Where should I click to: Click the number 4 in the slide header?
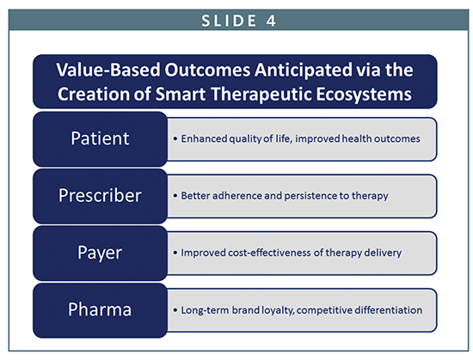pos(271,21)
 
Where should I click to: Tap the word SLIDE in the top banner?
pos(229,21)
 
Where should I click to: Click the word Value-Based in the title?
pos(108,70)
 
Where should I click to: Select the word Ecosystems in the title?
pos(364,95)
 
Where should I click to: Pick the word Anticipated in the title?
pos(304,70)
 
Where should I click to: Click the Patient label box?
pos(100,139)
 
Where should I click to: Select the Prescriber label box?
pos(100,196)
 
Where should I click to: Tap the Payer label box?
pos(100,253)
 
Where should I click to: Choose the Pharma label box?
pos(100,310)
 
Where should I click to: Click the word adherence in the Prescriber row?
pos(237,196)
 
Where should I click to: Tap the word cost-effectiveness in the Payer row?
pos(269,253)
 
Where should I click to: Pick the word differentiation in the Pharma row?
pos(389,310)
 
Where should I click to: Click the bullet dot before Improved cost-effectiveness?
pos(175,253)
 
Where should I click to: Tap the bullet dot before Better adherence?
pos(175,196)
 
